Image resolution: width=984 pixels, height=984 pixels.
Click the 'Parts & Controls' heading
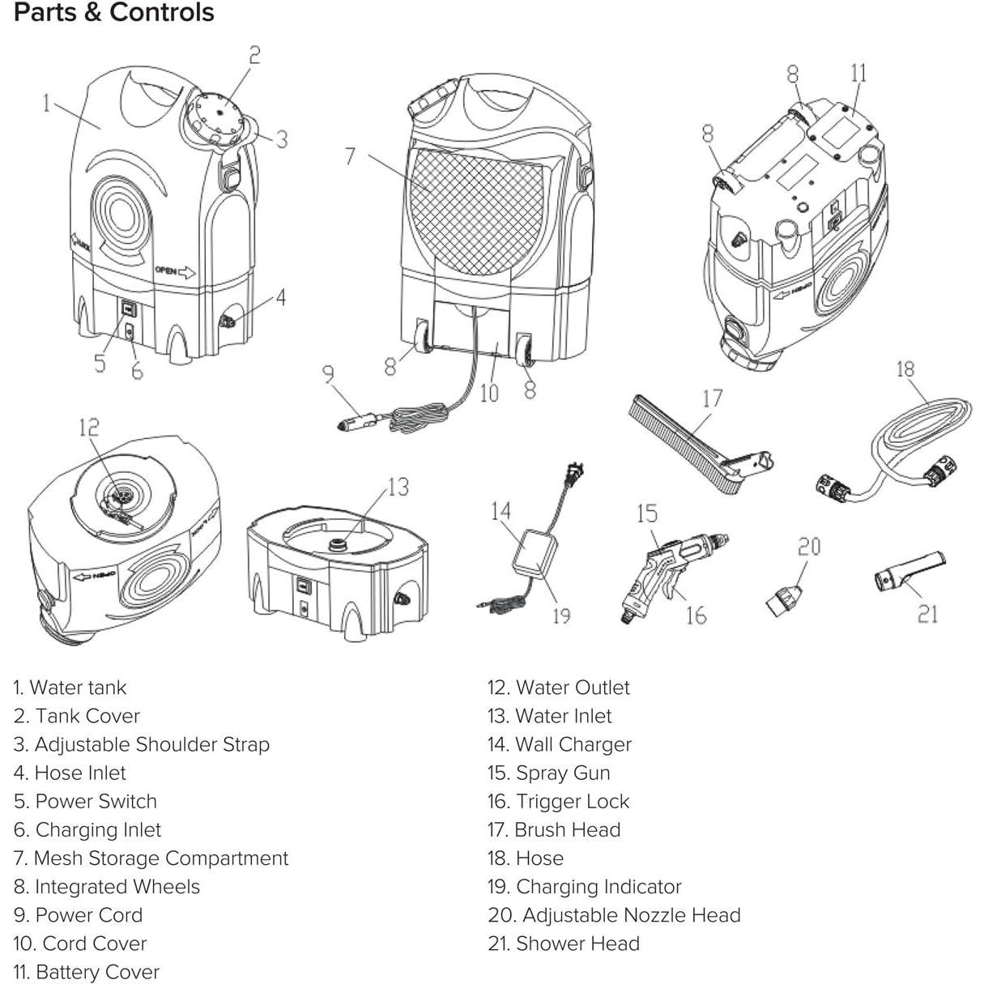coord(114,13)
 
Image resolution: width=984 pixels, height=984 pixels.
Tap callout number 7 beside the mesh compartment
coord(350,155)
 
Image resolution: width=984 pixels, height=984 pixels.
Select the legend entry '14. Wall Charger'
coord(559,744)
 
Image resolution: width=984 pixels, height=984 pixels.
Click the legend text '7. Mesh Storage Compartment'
coord(151,858)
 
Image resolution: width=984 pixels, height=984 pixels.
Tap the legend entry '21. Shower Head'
coord(564,944)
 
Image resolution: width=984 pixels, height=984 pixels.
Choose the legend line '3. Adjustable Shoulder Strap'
coord(141,744)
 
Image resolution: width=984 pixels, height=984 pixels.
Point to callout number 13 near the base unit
coord(398,487)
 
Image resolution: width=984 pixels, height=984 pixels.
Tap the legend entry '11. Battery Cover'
coord(86,972)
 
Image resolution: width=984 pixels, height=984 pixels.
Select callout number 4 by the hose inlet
coord(280,297)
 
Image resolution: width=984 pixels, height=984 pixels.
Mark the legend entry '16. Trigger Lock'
coord(558,801)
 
